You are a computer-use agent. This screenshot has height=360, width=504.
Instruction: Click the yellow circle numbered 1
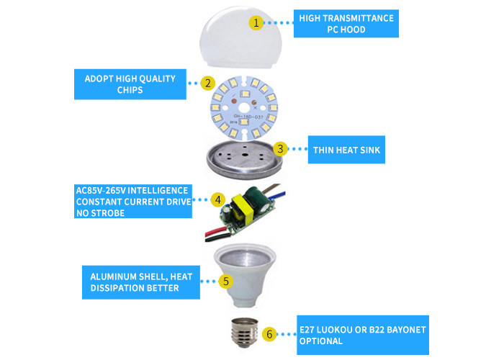point(256,23)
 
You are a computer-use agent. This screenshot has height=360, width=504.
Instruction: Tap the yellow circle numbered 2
point(208,84)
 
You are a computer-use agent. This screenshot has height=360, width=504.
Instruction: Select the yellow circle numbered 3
point(280,149)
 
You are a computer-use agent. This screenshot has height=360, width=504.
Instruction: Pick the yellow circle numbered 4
point(218,199)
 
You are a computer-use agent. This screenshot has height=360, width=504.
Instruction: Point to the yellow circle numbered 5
point(226,282)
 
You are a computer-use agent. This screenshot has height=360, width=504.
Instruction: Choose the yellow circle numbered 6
point(269,334)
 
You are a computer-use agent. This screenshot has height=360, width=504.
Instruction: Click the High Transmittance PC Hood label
point(346,24)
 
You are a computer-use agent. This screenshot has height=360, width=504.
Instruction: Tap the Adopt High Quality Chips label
point(130,84)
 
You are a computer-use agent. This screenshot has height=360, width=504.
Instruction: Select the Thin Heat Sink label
point(346,150)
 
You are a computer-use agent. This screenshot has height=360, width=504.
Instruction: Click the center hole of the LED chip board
point(244,108)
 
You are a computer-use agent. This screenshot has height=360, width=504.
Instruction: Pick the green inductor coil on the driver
point(253,195)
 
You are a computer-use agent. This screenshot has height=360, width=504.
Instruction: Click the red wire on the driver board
point(216,233)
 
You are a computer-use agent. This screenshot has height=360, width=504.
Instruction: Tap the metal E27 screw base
point(245,333)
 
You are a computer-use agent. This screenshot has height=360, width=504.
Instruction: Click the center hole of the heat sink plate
point(245,155)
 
